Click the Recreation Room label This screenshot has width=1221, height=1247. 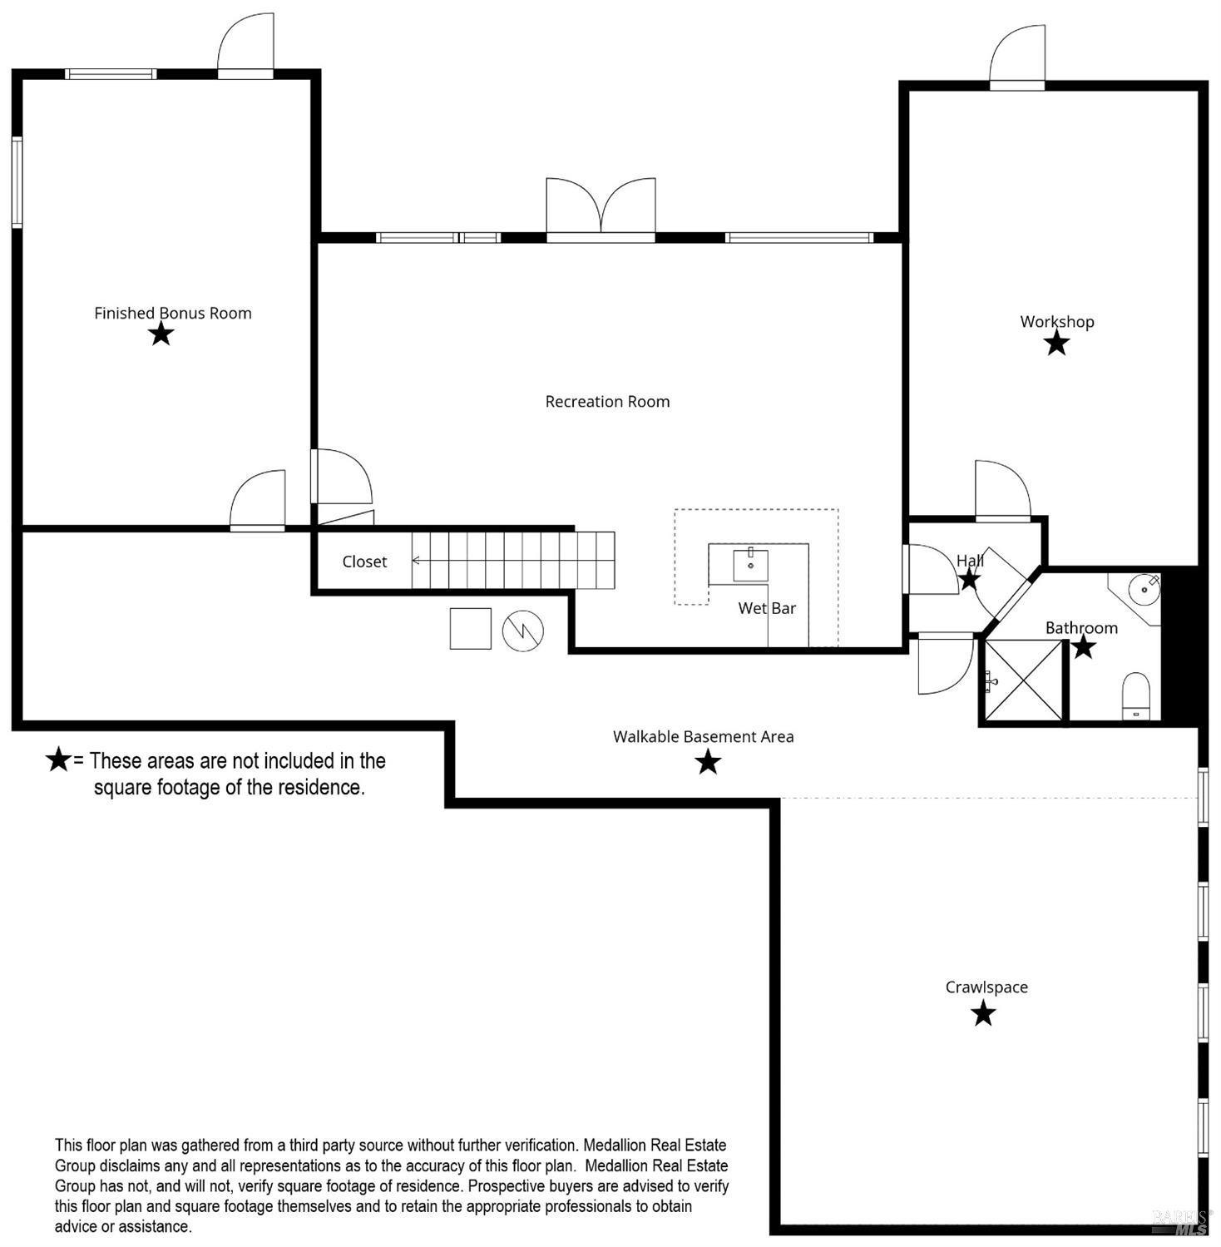pos(607,402)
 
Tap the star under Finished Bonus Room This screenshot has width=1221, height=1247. pos(161,334)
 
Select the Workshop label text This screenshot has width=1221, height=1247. pos(1056,322)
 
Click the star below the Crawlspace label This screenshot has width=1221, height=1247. pos(983,1013)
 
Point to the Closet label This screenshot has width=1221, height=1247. pos(364,562)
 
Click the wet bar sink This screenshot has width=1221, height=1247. pos(750,565)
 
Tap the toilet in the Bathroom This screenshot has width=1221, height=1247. pos(1136,695)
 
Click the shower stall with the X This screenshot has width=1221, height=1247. pos(1024,680)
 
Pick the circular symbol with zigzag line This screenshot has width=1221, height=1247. pos(523,631)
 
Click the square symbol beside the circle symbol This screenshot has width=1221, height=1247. pos(470,629)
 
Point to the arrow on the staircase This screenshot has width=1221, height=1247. pos(417,561)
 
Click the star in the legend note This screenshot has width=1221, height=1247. pos(57,760)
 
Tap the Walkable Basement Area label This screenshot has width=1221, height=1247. pos(703,737)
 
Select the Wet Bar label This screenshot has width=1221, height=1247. pos(767,609)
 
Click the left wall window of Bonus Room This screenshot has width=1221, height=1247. pos(17,182)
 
